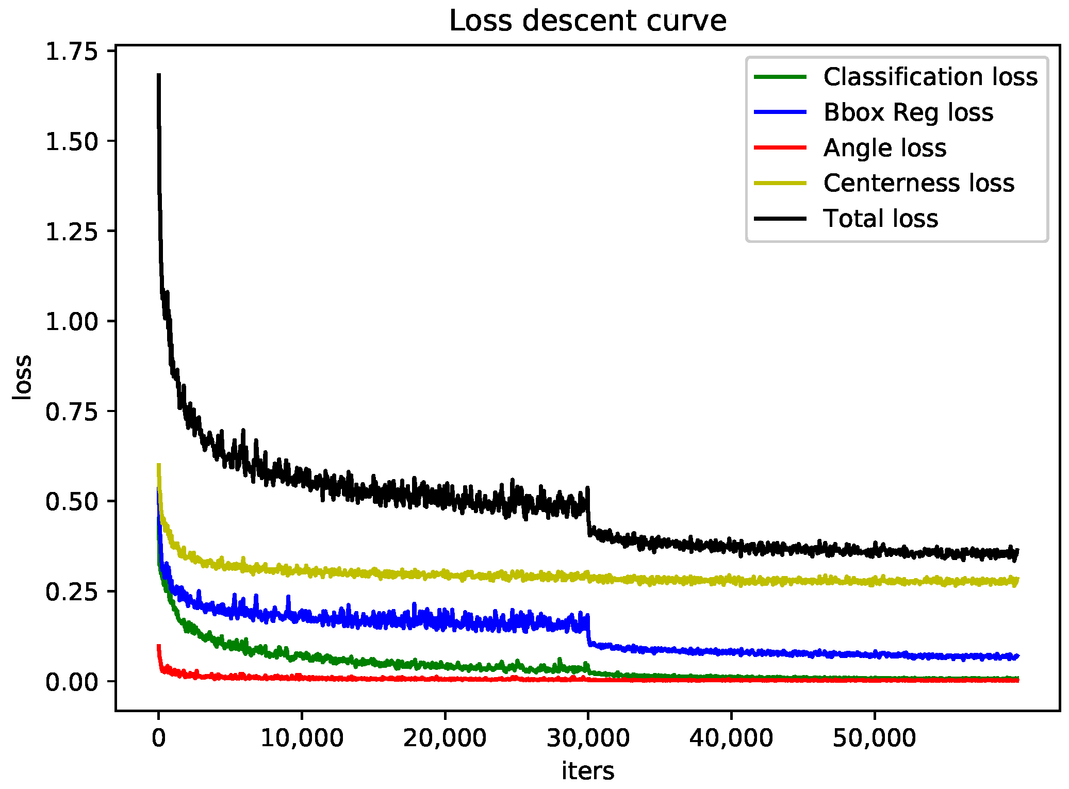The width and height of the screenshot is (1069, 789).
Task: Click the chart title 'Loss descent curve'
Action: point(587,21)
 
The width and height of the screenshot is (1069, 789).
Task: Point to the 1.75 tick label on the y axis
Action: point(72,52)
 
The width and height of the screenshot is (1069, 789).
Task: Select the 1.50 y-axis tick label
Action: point(72,142)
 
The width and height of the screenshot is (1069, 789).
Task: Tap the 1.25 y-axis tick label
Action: point(72,232)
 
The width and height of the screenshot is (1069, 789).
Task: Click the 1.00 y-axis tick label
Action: point(72,322)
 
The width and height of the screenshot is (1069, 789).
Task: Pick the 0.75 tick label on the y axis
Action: point(72,412)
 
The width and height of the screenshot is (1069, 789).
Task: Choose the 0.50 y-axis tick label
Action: point(72,502)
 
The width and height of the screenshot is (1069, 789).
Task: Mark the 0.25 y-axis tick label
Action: point(72,591)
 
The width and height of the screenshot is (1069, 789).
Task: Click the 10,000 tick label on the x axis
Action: point(302,738)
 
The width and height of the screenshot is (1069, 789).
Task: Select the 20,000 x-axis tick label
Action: point(445,738)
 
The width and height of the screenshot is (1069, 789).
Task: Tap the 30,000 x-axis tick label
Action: point(588,738)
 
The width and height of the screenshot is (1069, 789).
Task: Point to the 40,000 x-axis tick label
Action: point(731,738)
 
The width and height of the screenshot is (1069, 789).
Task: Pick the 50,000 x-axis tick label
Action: point(874,738)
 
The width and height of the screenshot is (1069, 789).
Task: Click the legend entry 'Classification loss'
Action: point(930,77)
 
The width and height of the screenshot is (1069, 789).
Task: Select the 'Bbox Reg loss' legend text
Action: point(908,112)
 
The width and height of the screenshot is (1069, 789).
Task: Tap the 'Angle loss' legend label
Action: point(885,148)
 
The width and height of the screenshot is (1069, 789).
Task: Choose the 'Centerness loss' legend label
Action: point(918,183)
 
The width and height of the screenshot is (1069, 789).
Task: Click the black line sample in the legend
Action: point(780,219)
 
